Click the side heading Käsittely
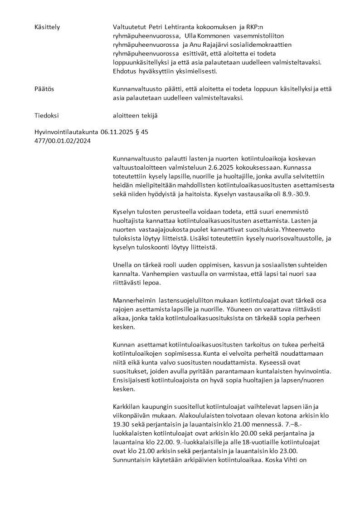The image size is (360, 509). [47, 27]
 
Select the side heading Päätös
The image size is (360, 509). [44, 89]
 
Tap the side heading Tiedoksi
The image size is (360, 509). [47, 116]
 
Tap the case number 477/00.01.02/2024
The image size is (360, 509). [63, 141]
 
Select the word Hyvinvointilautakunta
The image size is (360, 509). [66, 132]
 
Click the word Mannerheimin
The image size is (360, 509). [134, 300]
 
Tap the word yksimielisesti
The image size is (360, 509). [196, 71]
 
